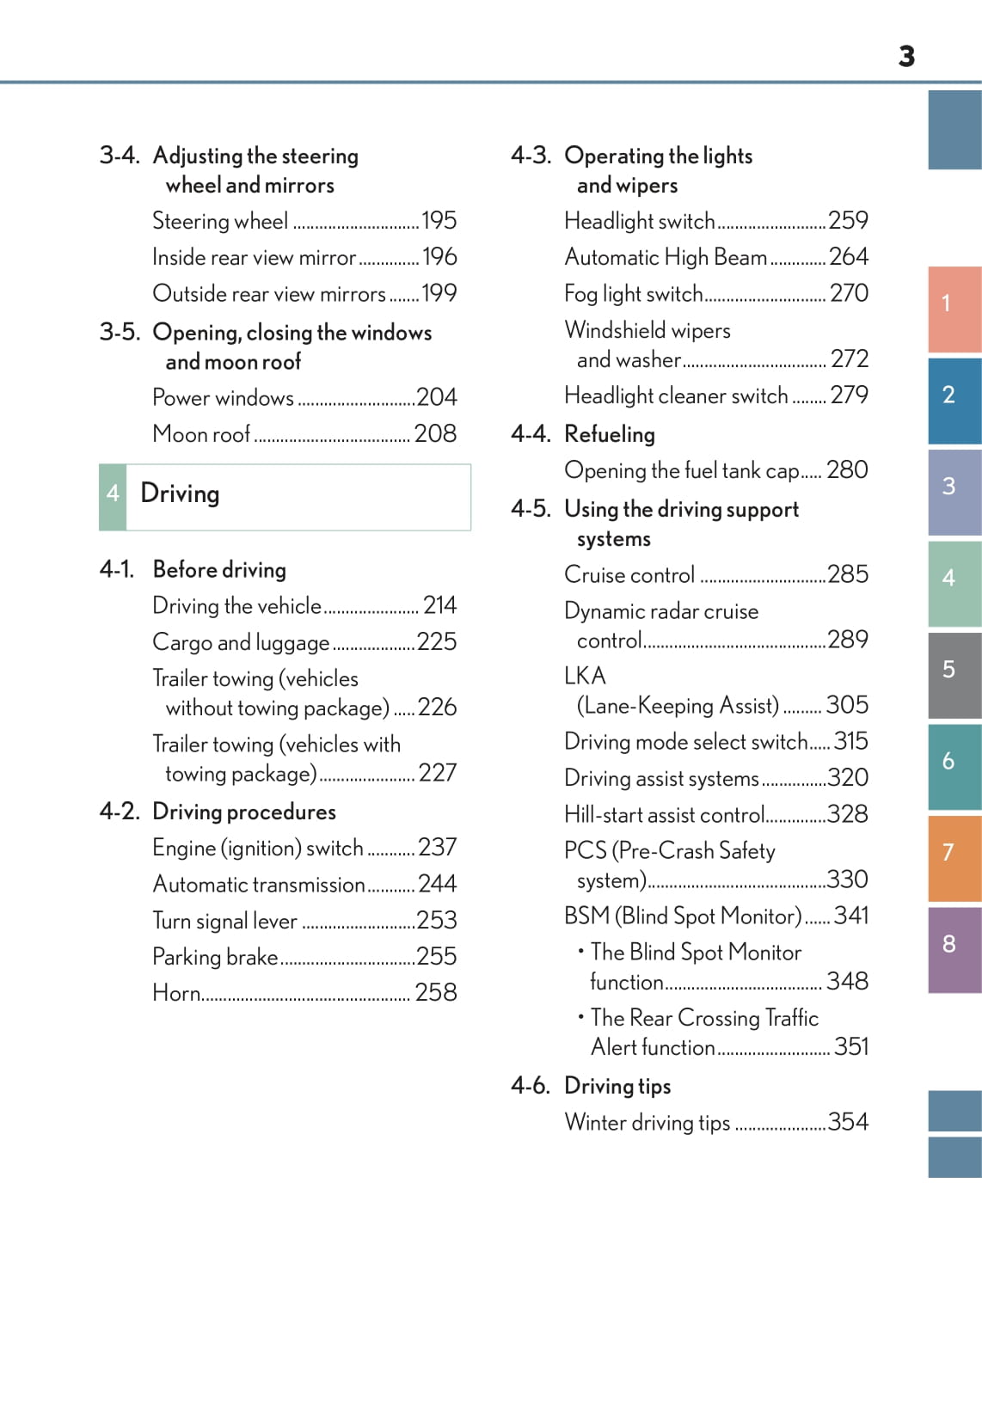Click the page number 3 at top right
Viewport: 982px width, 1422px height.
(x=906, y=57)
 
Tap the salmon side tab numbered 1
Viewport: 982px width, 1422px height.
(x=954, y=309)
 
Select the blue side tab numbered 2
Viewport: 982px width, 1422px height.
(x=954, y=400)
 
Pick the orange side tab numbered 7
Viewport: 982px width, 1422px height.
(x=954, y=857)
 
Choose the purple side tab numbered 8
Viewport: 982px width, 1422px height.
(x=954, y=948)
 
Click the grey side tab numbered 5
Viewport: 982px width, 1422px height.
(x=954, y=674)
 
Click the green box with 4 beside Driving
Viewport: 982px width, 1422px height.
(x=113, y=496)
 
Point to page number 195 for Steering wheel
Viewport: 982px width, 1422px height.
(x=439, y=221)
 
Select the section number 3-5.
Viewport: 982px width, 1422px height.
(x=120, y=333)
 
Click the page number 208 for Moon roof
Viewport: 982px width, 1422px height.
(x=435, y=434)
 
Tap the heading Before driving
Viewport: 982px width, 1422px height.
(x=219, y=570)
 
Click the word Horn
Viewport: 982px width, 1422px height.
(x=176, y=993)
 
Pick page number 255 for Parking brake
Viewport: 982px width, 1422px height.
(x=437, y=957)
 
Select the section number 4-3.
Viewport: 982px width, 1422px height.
(x=531, y=156)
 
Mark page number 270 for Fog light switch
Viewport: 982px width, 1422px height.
(x=849, y=294)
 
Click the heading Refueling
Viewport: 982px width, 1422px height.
(x=610, y=435)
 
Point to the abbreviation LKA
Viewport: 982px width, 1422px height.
(x=585, y=676)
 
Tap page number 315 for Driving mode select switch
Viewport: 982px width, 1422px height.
(x=850, y=741)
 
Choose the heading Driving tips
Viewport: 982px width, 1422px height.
(x=617, y=1087)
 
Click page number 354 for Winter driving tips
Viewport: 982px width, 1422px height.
(x=848, y=1122)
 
